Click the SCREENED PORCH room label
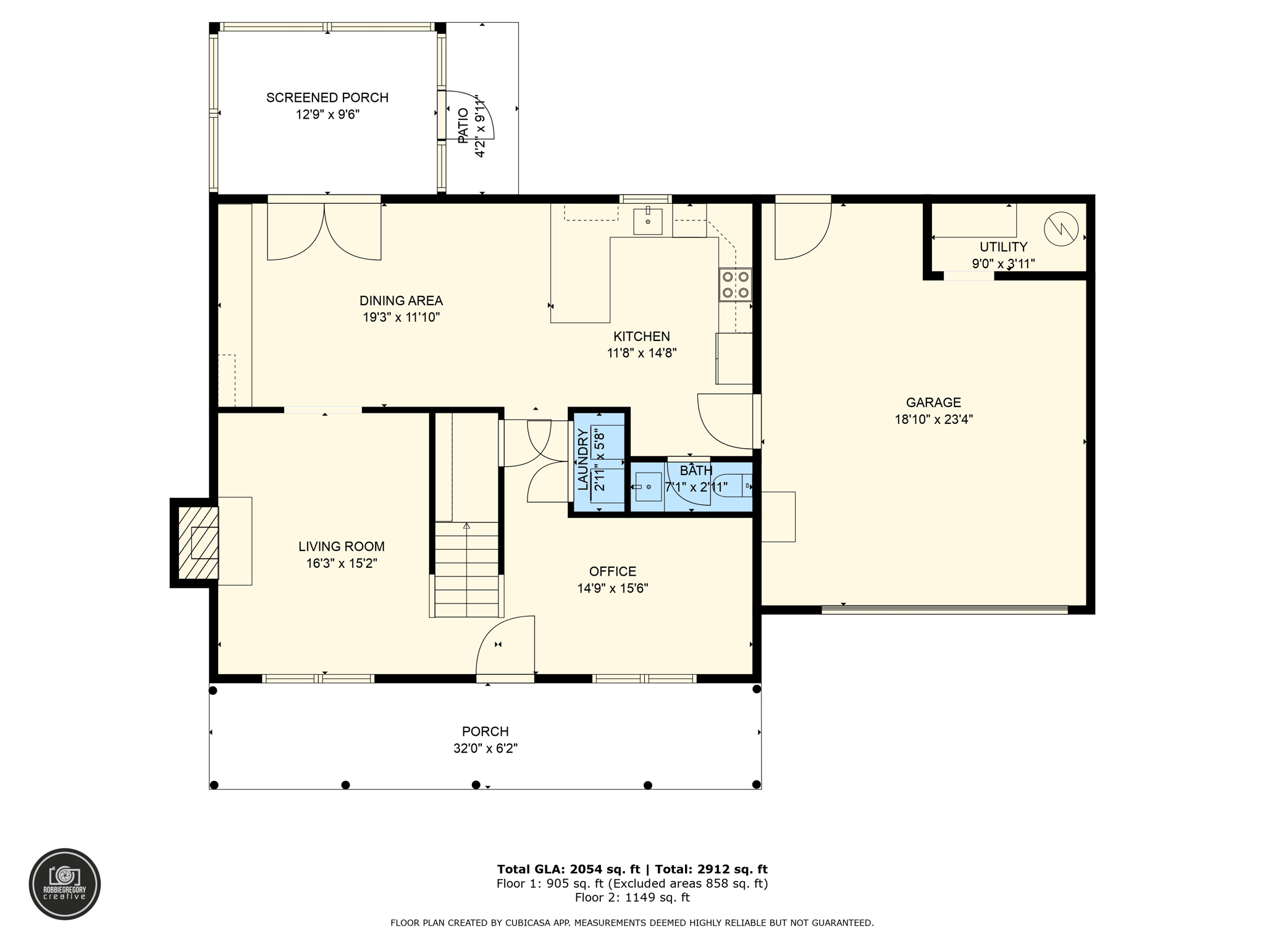click(x=327, y=98)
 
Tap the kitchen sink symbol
click(x=648, y=221)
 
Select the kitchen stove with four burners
click(x=736, y=285)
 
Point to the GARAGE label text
click(x=933, y=403)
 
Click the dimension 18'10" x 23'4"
click(x=933, y=420)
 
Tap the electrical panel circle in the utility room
click(x=1061, y=229)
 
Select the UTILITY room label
click(x=1003, y=247)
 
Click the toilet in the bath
click(x=733, y=484)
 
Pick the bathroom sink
click(x=648, y=487)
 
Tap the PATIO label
click(x=463, y=126)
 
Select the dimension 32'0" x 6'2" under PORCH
click(x=485, y=749)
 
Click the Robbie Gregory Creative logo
click(x=65, y=884)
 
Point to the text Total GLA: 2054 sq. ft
click(x=568, y=869)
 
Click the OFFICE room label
click(x=613, y=572)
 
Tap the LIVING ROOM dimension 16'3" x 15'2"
click(x=342, y=563)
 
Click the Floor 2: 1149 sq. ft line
click(x=632, y=898)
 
